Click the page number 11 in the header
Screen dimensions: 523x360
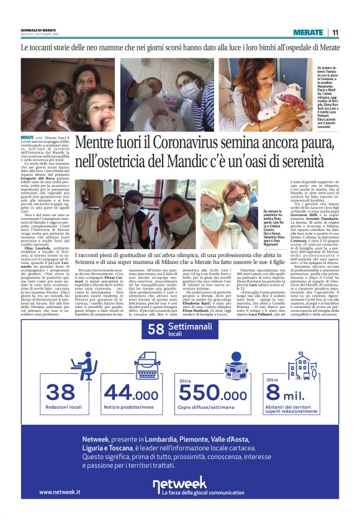335,32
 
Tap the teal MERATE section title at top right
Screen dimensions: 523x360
308,32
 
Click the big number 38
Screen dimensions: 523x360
61,393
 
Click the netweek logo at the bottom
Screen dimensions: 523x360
180,483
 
